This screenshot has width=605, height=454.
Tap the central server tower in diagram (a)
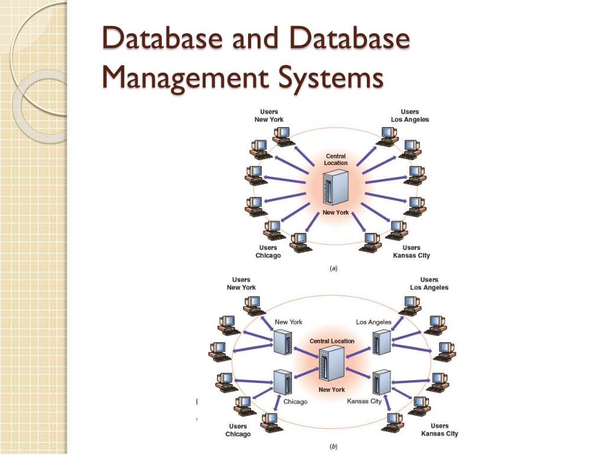tap(336, 187)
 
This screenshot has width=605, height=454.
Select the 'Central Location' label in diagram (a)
tap(336, 160)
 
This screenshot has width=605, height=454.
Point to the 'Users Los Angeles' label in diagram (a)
tap(410, 115)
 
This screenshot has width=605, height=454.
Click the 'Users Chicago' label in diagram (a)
tap(268, 252)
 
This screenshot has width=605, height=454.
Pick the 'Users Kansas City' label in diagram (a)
tap(411, 252)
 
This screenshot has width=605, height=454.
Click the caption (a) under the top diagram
tap(333, 268)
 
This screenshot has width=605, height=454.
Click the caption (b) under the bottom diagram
tap(333, 446)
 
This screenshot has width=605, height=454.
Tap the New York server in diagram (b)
tap(282, 342)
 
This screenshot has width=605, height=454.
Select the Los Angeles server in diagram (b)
tap(382, 342)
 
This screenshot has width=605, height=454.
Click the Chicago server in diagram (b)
tap(282, 382)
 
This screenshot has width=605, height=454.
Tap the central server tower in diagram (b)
tap(331, 364)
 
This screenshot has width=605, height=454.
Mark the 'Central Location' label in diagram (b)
tap(332, 341)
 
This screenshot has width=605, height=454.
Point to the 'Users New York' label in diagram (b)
tap(241, 283)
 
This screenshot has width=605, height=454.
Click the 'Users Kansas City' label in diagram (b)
tap(440, 430)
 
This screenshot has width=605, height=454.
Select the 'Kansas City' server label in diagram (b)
tap(364, 401)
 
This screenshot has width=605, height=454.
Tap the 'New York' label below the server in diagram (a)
tap(336, 212)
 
